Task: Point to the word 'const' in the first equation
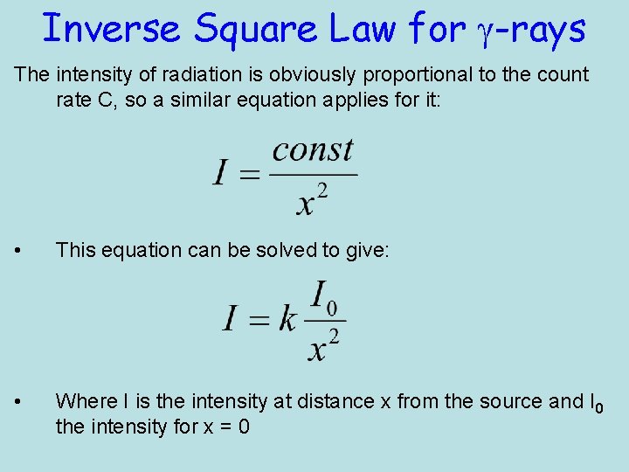click(x=312, y=150)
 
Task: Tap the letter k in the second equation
click(x=287, y=320)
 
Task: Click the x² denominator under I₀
click(x=324, y=344)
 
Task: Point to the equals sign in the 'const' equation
click(x=249, y=174)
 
